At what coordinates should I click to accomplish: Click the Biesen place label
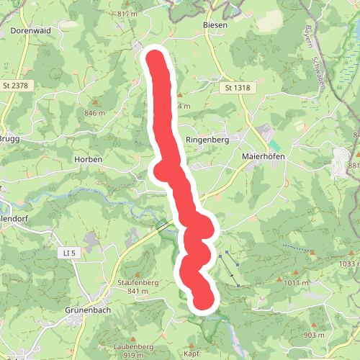(x=215, y=24)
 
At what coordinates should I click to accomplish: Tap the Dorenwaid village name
(x=30, y=31)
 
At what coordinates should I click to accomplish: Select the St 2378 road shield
(x=16, y=86)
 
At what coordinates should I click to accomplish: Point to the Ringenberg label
(x=207, y=140)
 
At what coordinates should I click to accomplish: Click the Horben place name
(x=89, y=159)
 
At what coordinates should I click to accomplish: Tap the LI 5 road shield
(x=69, y=252)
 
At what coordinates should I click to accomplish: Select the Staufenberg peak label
(x=137, y=283)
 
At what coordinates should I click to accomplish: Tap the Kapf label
(x=191, y=354)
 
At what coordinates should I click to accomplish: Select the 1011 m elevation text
(x=296, y=283)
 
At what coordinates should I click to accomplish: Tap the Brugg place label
(x=9, y=138)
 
